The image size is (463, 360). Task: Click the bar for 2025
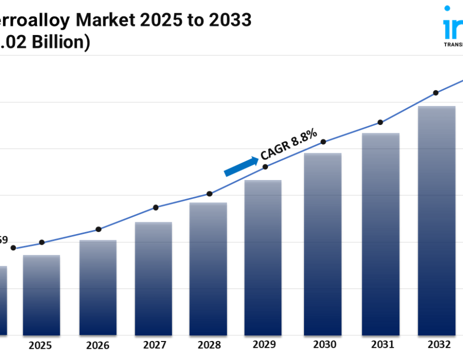41,295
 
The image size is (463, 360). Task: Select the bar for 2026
98,287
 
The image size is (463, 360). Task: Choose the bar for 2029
263,258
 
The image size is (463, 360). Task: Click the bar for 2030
323,244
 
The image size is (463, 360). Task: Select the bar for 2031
381,234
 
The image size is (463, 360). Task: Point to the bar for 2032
437,221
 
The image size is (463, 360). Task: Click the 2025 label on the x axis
41,345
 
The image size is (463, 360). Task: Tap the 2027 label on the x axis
153,345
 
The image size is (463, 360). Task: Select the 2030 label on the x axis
324,345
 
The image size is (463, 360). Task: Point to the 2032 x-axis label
439,344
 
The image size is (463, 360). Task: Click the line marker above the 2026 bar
98,229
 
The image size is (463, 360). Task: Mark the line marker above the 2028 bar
209,194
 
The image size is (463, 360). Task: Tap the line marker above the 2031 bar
380,122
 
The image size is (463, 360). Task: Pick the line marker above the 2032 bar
436,93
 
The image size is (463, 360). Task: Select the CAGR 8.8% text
289,145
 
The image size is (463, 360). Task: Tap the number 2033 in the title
229,20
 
